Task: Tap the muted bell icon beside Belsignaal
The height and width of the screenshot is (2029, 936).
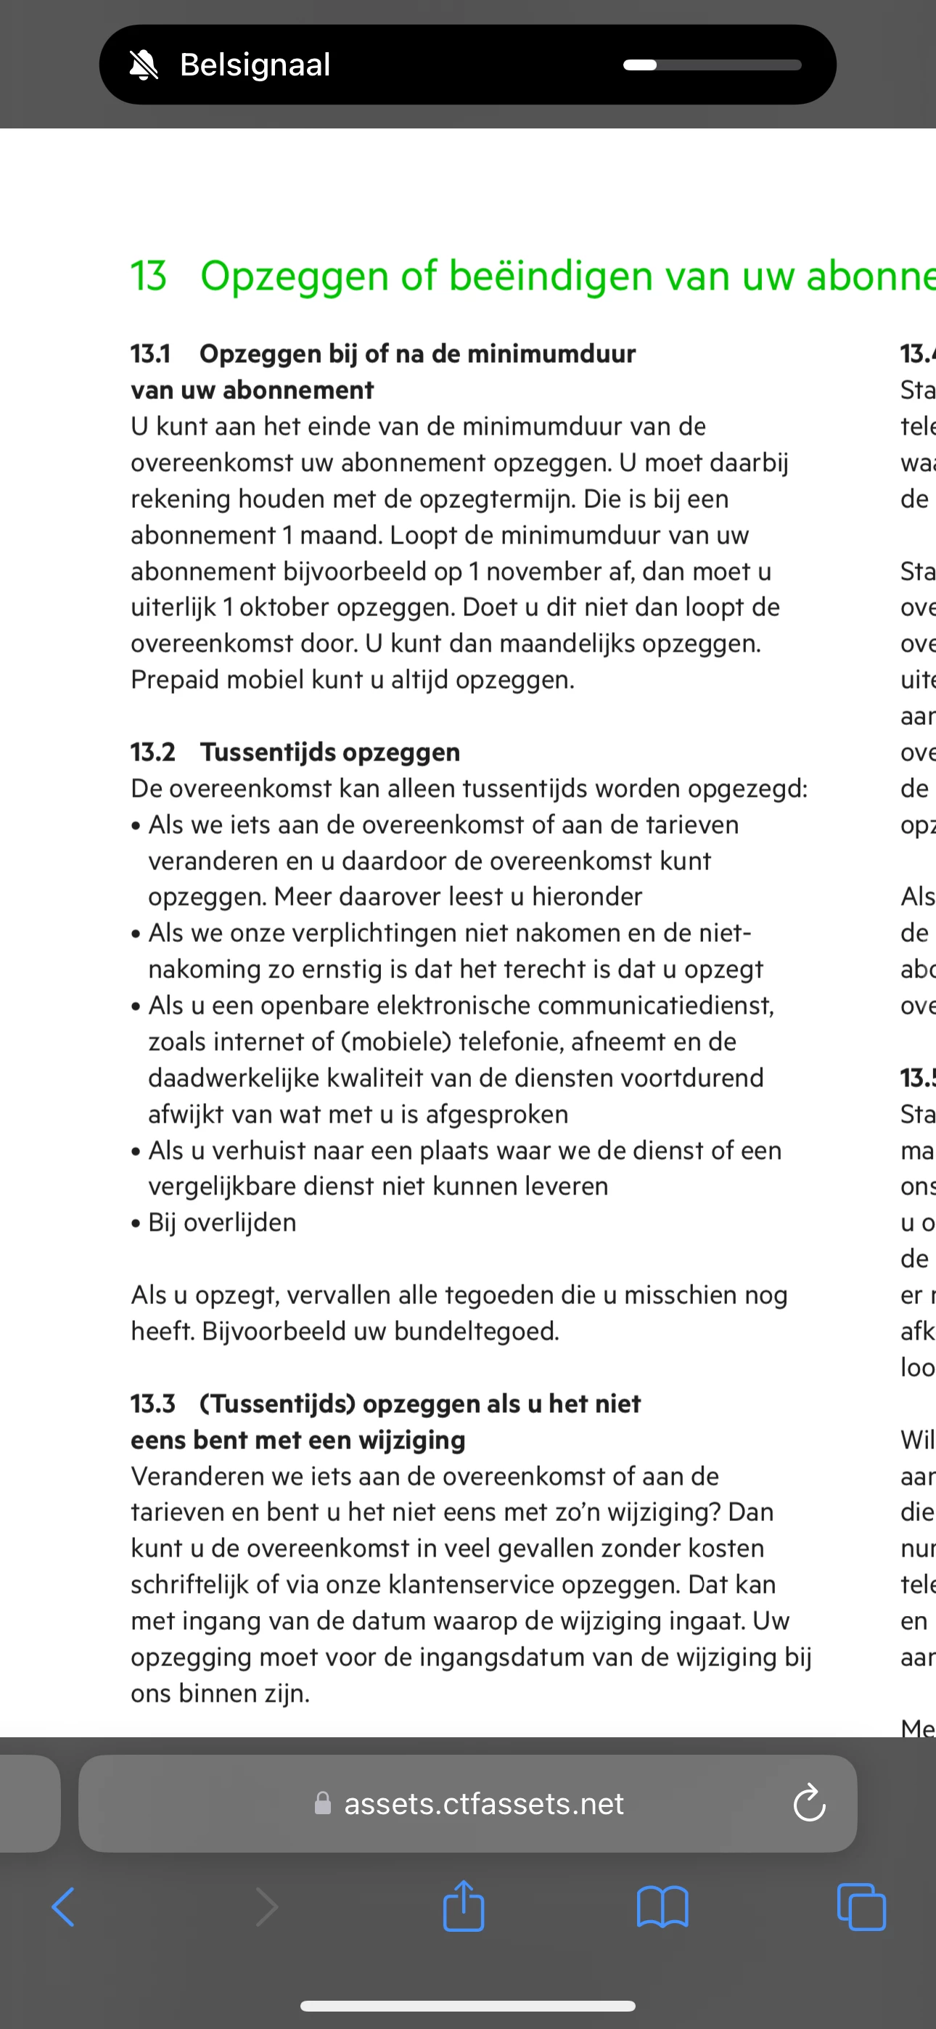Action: click(x=144, y=65)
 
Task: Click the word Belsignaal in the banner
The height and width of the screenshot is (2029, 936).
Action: click(x=255, y=65)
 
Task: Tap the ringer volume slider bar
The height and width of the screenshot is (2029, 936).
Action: click(x=712, y=65)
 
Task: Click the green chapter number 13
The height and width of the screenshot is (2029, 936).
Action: click(x=148, y=276)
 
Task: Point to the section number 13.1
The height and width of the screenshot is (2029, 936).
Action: click(x=150, y=353)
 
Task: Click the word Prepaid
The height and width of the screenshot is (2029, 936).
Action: click(x=175, y=680)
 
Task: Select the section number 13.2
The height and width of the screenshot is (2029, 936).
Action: click(x=153, y=753)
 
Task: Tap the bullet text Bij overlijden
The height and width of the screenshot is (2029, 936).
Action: click(x=222, y=1223)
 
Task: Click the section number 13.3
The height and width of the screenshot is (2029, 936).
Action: click(x=153, y=1403)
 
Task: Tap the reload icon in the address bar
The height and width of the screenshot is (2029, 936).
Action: click(x=809, y=1804)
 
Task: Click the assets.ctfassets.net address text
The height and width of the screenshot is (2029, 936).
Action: click(x=483, y=1804)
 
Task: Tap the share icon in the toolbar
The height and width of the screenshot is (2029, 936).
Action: click(x=463, y=1906)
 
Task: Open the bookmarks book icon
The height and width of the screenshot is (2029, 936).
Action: click(x=662, y=1906)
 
